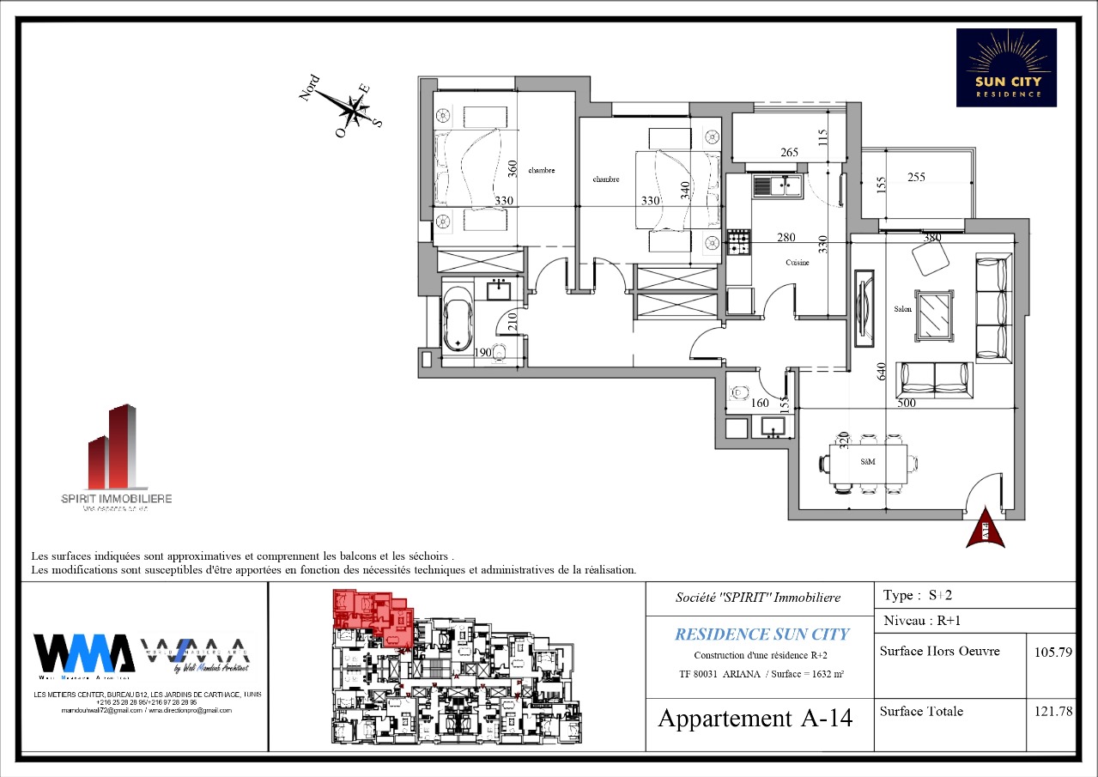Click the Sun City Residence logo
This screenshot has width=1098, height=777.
[x=1006, y=68]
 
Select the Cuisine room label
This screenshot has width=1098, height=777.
[x=797, y=263]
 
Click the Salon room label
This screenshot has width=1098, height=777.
[x=902, y=309]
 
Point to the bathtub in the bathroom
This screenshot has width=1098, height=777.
[x=457, y=319]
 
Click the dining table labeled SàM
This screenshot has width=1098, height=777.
[x=868, y=462]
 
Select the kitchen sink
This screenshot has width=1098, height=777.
[x=777, y=185]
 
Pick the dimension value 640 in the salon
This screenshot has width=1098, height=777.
[x=879, y=371]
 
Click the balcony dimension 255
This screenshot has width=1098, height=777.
[x=916, y=178]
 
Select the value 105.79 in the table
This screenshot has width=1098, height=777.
[x=1053, y=652]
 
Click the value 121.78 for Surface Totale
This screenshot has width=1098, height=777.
[x=1053, y=712]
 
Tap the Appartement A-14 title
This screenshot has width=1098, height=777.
[x=755, y=718]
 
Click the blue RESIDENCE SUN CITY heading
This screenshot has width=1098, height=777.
[x=761, y=634]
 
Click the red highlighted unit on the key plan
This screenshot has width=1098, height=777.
[x=374, y=617]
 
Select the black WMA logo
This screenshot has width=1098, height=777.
[x=83, y=653]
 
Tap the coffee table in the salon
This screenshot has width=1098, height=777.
[x=934, y=316]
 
